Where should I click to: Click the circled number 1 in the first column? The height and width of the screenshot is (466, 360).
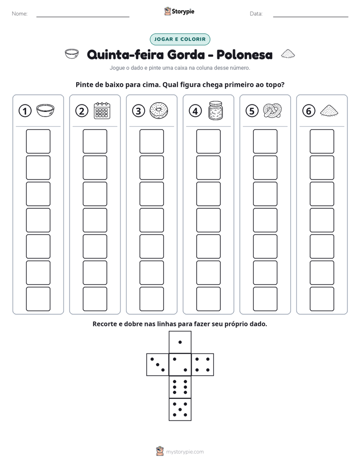point(25,111)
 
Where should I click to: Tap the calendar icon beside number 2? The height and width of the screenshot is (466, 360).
point(102,110)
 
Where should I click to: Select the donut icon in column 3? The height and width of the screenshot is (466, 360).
point(159,110)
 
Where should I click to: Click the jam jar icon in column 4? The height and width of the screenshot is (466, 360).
point(215,110)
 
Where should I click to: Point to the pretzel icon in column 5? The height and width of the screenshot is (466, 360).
point(272,110)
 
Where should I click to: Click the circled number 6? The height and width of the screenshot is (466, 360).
point(309,111)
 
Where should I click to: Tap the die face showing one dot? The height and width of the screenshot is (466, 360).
point(180,342)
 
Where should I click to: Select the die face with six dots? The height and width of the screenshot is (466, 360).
point(180,387)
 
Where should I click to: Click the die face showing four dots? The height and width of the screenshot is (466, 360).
point(203,365)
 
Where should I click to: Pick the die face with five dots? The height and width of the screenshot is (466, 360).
point(180,410)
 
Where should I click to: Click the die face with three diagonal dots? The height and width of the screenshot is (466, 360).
point(158,365)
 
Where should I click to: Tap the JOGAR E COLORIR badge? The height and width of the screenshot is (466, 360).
point(180,39)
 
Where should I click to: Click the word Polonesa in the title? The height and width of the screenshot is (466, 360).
point(245,54)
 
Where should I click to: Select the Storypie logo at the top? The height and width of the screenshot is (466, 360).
point(179,11)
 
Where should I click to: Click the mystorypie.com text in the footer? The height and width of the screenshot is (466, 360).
point(185,452)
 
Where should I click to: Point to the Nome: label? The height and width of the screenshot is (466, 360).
point(20,14)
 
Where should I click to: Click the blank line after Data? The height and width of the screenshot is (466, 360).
point(311,17)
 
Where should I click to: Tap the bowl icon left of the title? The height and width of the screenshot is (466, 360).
point(72,54)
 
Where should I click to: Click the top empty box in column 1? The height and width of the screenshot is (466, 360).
point(38,141)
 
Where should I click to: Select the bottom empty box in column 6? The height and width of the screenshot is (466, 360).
point(322,299)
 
